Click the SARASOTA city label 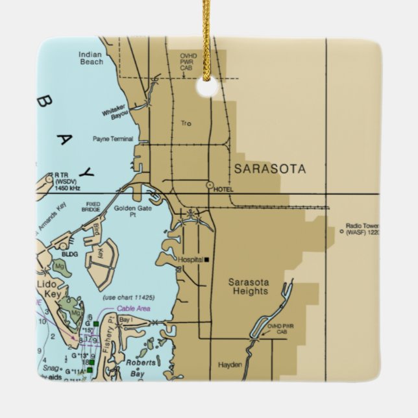click(269, 169)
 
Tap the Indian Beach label click(90, 58)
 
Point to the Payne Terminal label click(112, 139)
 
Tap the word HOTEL click(223, 189)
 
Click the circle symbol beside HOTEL click(210, 186)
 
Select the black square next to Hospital click(206, 260)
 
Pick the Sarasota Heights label click(248, 287)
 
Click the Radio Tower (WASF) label click(362, 229)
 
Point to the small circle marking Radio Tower click(340, 230)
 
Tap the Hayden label click(229, 365)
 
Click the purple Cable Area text click(133, 309)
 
